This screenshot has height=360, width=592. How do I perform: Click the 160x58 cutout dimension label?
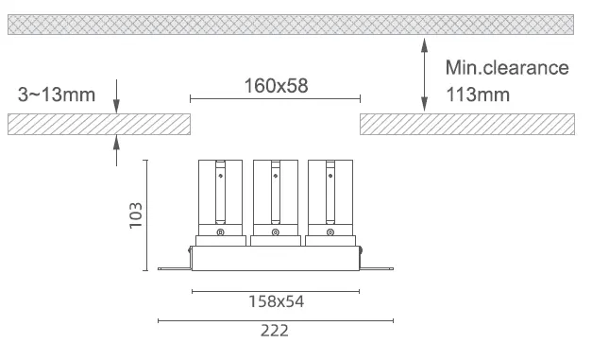coord(276,86)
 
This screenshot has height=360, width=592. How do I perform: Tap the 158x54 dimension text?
coord(276,301)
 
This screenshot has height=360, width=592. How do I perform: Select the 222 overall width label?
coord(275,331)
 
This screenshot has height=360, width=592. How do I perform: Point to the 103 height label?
coord(136,215)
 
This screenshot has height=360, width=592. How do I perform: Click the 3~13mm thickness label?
coord(57,94)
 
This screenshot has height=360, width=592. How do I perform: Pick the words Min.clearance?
coord(507,68)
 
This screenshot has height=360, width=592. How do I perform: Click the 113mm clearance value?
coord(478,94)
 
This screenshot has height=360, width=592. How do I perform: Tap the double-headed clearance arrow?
coord(425,75)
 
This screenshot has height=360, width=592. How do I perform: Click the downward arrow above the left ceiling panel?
coord(117,96)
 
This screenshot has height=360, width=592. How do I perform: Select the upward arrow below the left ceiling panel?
coord(117,150)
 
